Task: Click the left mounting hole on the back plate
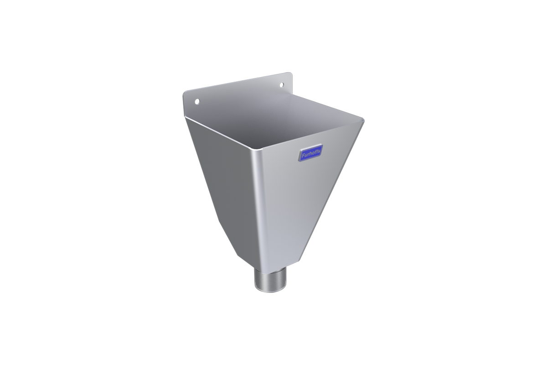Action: point(197,101)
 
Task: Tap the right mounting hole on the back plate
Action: point(282,84)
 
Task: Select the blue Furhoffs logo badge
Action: point(310,152)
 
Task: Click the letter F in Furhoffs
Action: point(303,156)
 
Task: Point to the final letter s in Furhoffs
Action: point(319,151)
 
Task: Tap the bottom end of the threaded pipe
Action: point(268,292)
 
